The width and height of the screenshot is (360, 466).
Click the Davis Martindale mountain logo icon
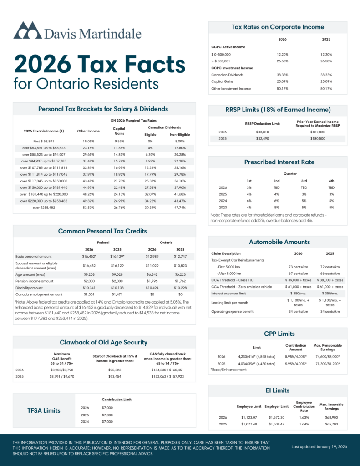point(27,31)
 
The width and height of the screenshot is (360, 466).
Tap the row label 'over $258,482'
point(44,208)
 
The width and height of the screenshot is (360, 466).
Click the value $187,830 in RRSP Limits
point(318,132)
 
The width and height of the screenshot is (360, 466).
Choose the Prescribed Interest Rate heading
point(279,162)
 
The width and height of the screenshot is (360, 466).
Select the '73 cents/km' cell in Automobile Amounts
point(298,266)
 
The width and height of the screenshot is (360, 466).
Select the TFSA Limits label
point(44,410)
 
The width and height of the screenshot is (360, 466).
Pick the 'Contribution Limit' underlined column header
point(117,400)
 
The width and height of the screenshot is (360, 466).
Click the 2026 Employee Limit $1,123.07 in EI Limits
point(248,417)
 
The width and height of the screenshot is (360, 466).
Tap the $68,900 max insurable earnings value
point(331,417)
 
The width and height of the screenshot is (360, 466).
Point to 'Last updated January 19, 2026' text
point(319,447)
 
